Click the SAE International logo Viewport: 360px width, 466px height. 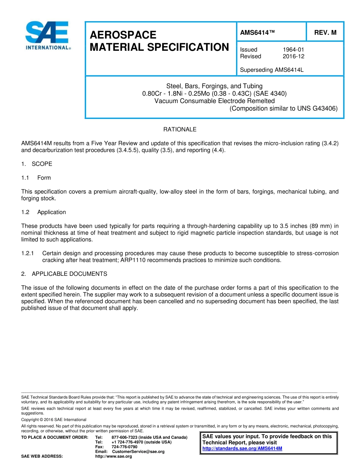(47, 36)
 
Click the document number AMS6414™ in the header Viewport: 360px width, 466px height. (257, 33)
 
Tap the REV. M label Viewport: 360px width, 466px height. (325, 33)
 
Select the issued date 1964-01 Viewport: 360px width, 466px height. (293, 50)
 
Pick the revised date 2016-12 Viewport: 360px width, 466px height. (293, 56)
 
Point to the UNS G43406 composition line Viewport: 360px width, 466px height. (283, 108)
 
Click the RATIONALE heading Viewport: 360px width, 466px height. (180, 130)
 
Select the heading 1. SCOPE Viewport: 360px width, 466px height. (37, 164)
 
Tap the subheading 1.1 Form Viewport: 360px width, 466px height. (36, 178)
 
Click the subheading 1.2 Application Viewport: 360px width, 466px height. (44, 212)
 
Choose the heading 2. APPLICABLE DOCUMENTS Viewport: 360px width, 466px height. (64, 274)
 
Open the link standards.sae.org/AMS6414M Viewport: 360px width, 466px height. (242, 449)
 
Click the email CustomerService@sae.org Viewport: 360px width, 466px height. (138, 452)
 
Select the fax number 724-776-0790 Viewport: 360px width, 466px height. (124, 447)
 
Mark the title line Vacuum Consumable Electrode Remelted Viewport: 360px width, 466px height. (214, 101)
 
